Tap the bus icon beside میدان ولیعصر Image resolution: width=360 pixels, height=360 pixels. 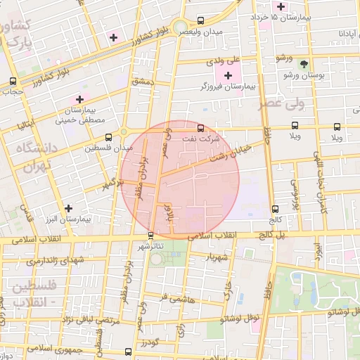point(202,20)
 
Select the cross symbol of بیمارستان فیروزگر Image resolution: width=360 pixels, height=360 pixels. point(228,75)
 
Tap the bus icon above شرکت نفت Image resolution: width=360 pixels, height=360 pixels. point(202,128)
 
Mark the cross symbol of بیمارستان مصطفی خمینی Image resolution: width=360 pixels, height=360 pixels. point(79,100)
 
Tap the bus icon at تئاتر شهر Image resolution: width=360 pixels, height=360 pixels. point(150,236)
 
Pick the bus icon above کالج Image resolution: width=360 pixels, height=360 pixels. point(274,208)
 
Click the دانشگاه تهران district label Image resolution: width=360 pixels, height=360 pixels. point(30,159)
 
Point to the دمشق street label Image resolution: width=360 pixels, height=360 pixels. point(142,82)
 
